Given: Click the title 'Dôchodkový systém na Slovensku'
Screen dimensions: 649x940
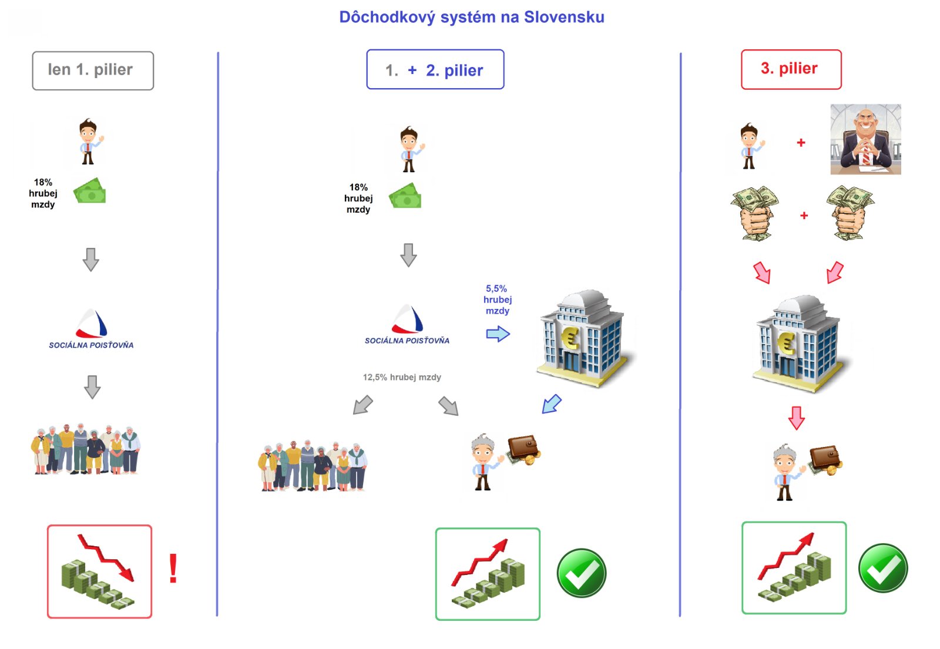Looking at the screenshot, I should click(471, 17).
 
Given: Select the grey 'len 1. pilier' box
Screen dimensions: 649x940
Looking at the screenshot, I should click(93, 70).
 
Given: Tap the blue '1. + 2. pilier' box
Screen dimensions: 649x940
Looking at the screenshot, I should click(435, 70).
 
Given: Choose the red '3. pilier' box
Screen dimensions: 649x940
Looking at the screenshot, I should click(791, 69).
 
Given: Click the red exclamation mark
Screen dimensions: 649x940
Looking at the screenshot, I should click(173, 569).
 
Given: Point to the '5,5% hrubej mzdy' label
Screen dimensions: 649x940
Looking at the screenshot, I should click(497, 300).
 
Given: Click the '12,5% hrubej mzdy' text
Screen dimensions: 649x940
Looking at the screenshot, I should click(402, 377).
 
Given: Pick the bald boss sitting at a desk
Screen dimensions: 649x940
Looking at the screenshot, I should click(865, 140).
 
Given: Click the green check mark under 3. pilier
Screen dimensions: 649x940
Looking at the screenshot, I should click(882, 569).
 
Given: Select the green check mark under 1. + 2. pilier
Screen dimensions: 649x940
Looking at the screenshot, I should click(581, 573).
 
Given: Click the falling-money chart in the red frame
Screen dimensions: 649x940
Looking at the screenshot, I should click(99, 571).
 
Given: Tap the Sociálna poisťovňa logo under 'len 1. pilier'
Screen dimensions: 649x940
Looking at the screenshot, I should click(92, 329).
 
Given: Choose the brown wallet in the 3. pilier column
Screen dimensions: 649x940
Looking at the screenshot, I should click(825, 460).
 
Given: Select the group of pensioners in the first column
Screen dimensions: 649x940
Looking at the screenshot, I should click(86, 449).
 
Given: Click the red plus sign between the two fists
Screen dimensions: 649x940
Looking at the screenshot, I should click(804, 216).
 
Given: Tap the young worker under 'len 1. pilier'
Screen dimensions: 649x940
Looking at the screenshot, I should click(89, 142).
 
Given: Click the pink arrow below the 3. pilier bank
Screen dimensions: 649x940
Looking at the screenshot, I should click(796, 418).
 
